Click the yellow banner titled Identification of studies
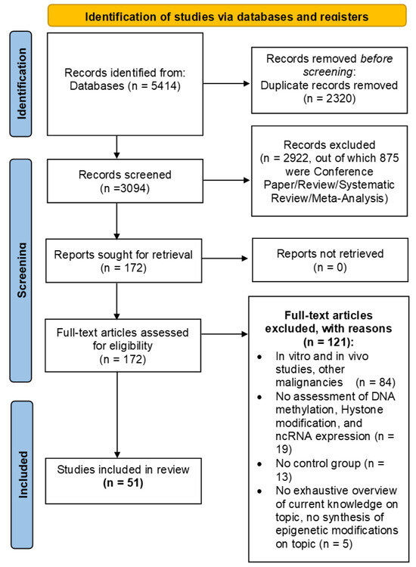(227, 16)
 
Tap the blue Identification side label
(20, 84)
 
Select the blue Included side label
(22, 475)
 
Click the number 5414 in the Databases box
(164, 86)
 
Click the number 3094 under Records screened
(133, 188)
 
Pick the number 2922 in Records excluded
(296, 158)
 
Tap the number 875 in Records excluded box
(389, 158)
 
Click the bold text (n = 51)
(123, 483)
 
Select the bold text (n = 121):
(328, 342)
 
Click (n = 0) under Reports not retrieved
(330, 267)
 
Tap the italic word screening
(328, 72)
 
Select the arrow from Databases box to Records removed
(226, 83)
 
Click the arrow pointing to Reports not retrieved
(225, 259)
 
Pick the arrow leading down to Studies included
(116, 415)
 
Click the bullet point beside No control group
(259, 464)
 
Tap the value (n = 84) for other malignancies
(375, 383)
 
